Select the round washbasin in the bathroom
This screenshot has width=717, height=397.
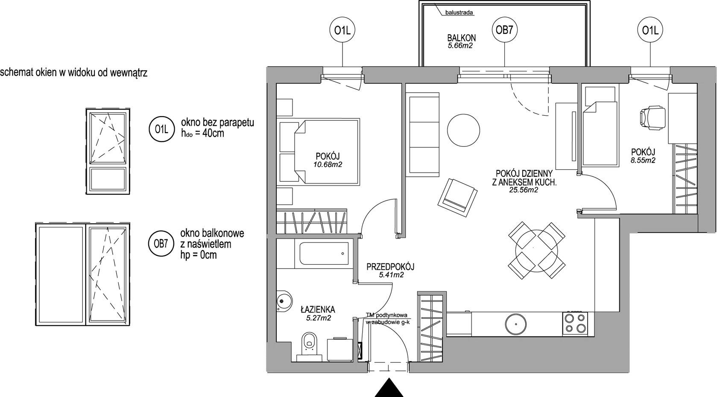click(284, 301)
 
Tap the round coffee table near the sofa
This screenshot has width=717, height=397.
click(463, 131)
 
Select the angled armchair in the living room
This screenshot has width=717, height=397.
click(457, 197)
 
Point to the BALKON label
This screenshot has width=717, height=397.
click(461, 38)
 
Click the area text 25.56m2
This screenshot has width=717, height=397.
click(524, 190)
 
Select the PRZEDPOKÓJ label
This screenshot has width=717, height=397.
click(390, 266)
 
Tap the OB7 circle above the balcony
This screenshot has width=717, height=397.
click(504, 30)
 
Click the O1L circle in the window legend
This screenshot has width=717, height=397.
click(161, 129)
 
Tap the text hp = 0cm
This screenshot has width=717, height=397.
click(199, 255)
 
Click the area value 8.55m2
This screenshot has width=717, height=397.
click(643, 160)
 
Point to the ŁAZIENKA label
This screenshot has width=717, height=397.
click(318, 309)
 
